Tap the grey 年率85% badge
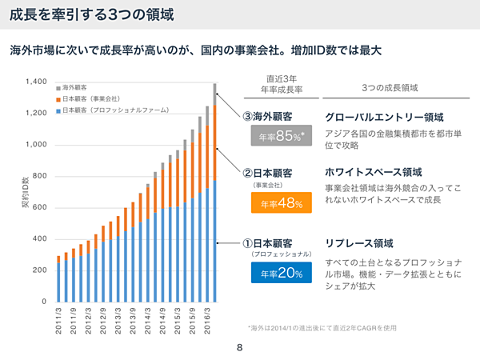point(276,137)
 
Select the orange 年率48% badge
point(276,203)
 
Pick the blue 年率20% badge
point(276,273)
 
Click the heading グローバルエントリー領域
point(385,116)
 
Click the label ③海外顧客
point(267,116)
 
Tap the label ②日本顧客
point(267,172)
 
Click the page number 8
point(240,348)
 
